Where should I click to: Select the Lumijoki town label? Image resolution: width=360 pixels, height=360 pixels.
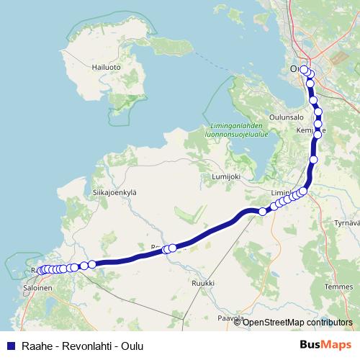(224, 176)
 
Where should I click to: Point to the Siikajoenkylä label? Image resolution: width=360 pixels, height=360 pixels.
(114, 192)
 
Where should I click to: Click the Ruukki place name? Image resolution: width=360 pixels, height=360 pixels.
(202, 284)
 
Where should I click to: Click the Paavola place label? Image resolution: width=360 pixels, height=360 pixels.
(230, 317)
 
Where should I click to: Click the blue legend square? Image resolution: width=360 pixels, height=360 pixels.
(10, 345)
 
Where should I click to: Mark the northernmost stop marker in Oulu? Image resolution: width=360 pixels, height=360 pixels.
(304, 70)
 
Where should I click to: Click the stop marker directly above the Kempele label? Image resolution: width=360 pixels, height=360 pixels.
(318, 123)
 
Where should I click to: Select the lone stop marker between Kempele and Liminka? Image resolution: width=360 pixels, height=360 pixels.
(313, 160)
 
